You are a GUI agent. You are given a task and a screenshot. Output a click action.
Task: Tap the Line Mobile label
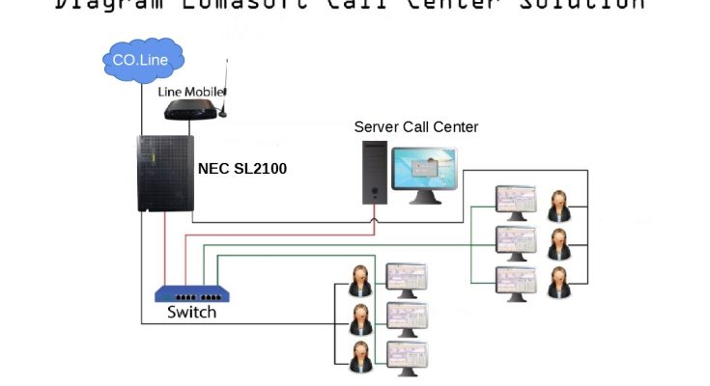[x=190, y=92]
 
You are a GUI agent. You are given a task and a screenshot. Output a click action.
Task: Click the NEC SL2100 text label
[x=242, y=168]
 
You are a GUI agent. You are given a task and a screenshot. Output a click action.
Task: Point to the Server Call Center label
[x=416, y=126]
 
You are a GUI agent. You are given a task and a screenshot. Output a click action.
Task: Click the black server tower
[x=376, y=172]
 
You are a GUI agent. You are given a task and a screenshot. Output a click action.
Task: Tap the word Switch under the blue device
[x=191, y=313]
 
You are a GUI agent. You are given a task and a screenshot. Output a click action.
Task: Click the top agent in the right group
[x=558, y=206]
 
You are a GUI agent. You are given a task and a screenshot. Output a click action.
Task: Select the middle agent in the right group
[x=558, y=244]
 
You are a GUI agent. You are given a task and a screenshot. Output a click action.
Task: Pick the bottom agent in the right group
[x=558, y=283]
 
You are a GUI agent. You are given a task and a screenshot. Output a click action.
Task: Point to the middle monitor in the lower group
[x=406, y=315]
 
